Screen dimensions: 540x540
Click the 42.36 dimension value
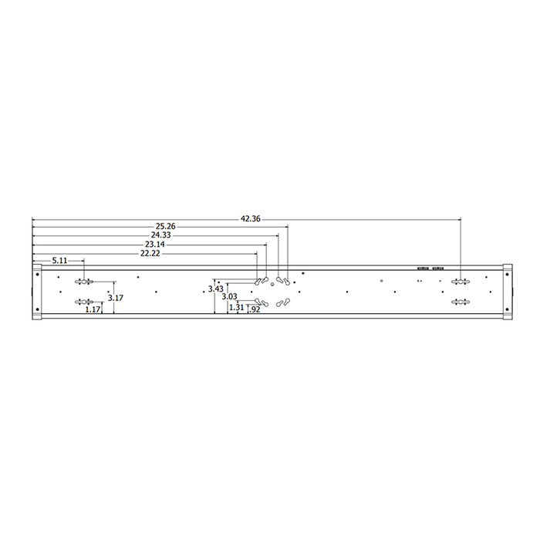tap(250, 219)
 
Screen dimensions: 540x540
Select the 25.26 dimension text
tap(165, 227)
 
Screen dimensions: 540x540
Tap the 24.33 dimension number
tap(160, 235)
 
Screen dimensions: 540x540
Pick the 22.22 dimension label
tap(150, 253)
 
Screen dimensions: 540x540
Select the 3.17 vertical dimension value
tap(115, 297)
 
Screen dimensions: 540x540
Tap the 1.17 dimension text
tap(93, 309)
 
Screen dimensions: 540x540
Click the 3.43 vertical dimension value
tap(216, 289)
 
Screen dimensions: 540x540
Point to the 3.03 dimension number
tap(229, 296)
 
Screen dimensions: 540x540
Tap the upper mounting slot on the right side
tap(461, 281)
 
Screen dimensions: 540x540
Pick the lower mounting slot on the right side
tap(461, 302)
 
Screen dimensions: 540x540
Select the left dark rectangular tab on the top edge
tap(421, 268)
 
